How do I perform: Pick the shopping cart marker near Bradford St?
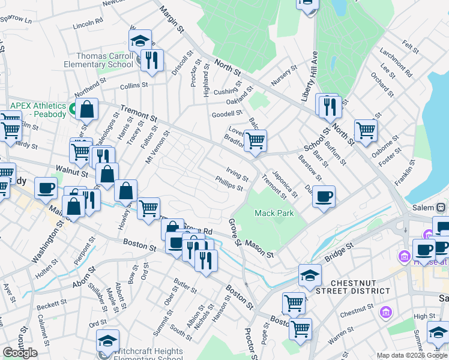[x=256, y=140]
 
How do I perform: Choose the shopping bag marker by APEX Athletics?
[x=87, y=110]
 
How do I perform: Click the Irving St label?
[x=237, y=175]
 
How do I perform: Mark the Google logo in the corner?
[x=20, y=353]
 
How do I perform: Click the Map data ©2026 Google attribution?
[x=412, y=355]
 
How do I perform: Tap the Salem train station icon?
[x=441, y=207]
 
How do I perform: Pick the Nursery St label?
[x=285, y=75]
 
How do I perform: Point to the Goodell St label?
[x=226, y=113]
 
